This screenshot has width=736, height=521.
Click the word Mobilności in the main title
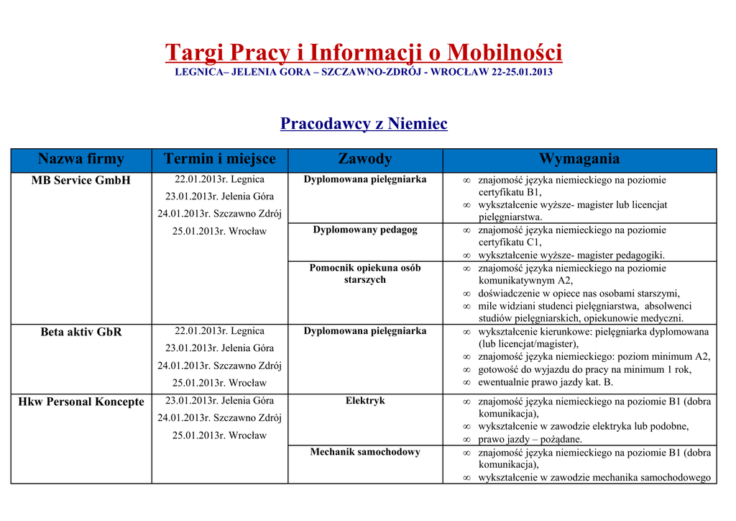point(505,53)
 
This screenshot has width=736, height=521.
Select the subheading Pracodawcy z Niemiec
point(364,124)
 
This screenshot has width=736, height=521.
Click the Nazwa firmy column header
point(81,159)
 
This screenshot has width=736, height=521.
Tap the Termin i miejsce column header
point(219,159)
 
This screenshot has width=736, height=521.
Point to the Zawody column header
point(365,159)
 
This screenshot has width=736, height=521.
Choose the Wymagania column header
point(579,159)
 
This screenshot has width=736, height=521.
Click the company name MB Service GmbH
point(81,180)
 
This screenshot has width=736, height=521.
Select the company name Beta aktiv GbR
point(81,332)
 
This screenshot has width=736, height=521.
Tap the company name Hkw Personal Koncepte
point(81,402)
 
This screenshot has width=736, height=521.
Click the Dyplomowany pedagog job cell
point(365,230)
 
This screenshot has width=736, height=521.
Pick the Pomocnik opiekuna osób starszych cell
point(365,273)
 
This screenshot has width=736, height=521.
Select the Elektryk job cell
point(365,401)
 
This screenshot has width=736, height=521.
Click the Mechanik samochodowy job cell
point(365,452)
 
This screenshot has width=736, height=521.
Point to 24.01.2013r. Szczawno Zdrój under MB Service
point(219,214)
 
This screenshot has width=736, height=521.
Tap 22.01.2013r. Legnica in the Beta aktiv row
point(219,331)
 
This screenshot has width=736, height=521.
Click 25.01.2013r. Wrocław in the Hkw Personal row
point(219,435)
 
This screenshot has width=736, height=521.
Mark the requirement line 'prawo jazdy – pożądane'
point(530,439)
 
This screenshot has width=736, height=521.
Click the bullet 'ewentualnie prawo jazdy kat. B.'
point(546,382)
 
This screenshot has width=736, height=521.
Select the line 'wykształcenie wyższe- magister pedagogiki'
point(571,255)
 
